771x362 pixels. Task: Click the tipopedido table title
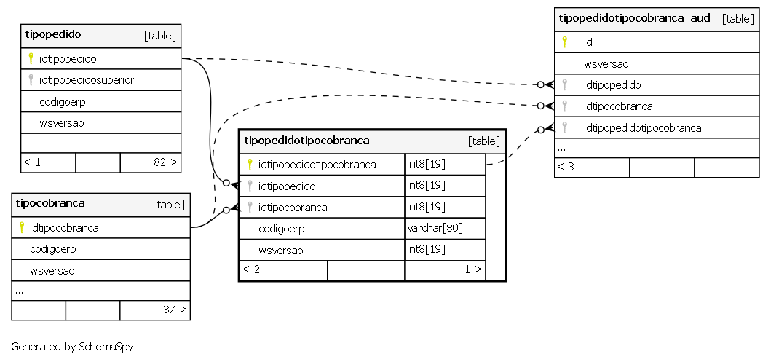[x=53, y=34]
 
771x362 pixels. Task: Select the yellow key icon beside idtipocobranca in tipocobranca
[x=21, y=227]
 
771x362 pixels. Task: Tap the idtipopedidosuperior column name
[x=87, y=80]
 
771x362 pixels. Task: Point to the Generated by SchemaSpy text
[x=72, y=347]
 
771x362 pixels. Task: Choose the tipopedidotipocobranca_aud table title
[x=634, y=18]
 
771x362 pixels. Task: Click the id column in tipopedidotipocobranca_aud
[x=588, y=42]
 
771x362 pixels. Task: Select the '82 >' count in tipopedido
[x=165, y=162]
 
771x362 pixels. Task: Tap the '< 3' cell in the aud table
[x=566, y=167]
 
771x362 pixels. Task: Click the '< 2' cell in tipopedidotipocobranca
[x=251, y=269]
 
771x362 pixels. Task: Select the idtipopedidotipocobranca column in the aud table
[x=642, y=128]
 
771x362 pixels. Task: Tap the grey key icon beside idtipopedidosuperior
[x=31, y=79]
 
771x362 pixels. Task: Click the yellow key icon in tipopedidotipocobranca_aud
[x=564, y=42]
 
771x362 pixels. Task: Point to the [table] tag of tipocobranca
[x=169, y=205]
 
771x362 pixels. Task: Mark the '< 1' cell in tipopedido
[x=33, y=162]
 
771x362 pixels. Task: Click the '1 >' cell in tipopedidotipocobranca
[x=473, y=269]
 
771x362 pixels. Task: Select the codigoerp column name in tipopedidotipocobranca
[x=282, y=229]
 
